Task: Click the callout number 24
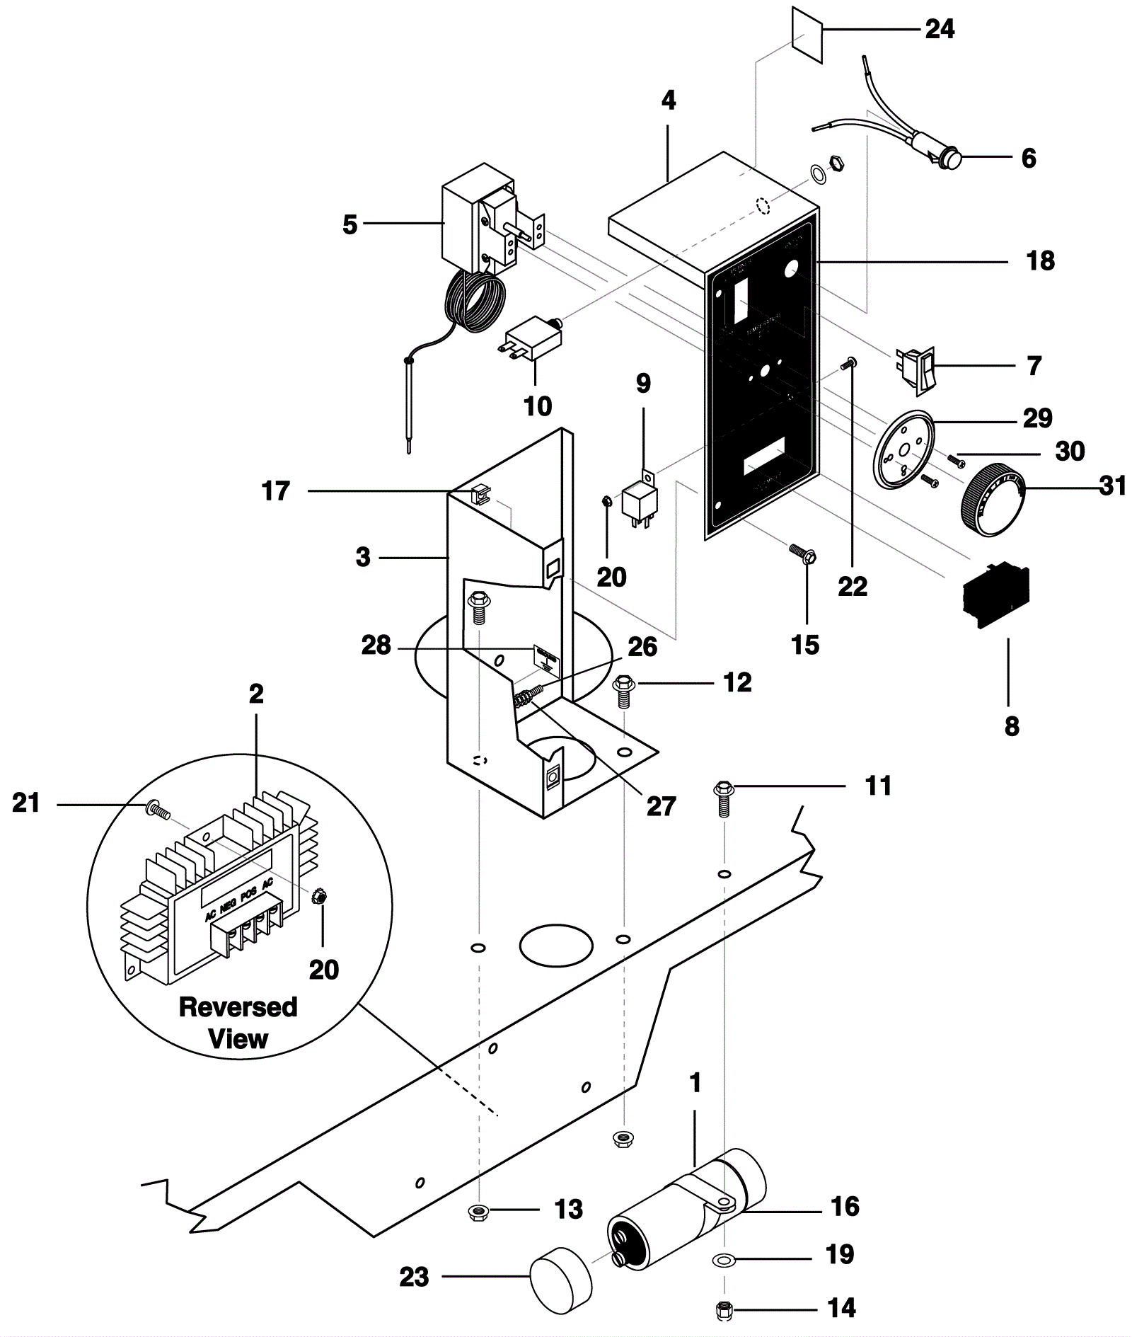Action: [x=940, y=29]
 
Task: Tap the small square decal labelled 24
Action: [x=807, y=35]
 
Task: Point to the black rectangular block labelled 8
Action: [x=995, y=594]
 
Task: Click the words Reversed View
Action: [x=238, y=1023]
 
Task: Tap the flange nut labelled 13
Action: [x=479, y=1212]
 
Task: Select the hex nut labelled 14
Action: [x=723, y=1308]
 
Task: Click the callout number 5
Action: [x=350, y=224]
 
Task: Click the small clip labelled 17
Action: [x=480, y=492]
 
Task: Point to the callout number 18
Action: [x=1040, y=261]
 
